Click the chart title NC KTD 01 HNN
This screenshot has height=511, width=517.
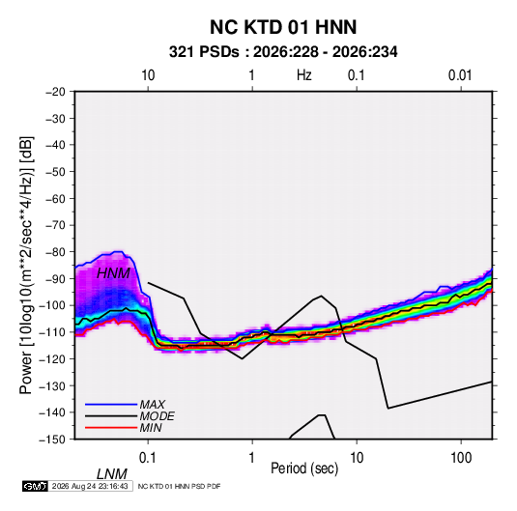(x=283, y=27)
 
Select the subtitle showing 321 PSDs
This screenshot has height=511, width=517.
(x=283, y=52)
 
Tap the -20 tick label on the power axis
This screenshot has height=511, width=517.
(x=55, y=92)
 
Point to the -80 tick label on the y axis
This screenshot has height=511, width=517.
(x=55, y=252)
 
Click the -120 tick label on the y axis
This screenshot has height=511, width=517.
(x=52, y=358)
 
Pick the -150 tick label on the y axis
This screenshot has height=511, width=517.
(x=52, y=440)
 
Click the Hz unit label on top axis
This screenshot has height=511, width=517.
(x=304, y=75)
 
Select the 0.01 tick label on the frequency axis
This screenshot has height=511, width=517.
(x=460, y=75)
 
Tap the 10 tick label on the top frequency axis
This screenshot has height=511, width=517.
(x=148, y=75)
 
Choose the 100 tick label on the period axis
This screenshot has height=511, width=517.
(x=461, y=458)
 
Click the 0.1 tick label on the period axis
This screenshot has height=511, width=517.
(x=148, y=458)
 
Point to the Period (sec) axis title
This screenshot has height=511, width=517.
(x=304, y=468)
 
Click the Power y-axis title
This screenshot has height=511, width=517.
(x=26, y=266)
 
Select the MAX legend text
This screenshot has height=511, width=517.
(x=152, y=405)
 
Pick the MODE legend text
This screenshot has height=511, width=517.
(x=157, y=416)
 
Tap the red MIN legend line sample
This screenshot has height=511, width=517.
(x=111, y=428)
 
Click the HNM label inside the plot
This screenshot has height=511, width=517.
(x=113, y=273)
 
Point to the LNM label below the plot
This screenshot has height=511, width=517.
(x=111, y=474)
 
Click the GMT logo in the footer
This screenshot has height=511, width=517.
(x=35, y=486)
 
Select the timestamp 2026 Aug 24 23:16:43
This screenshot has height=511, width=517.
(x=90, y=486)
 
